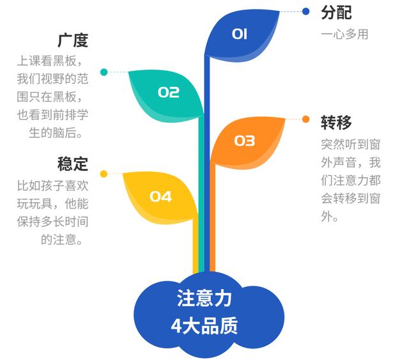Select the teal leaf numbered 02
[x=167, y=94]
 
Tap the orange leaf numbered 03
[x=247, y=143]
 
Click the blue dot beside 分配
[x=305, y=12]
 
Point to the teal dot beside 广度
[x=104, y=72]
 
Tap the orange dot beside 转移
[x=305, y=120]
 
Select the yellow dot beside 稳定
[x=104, y=174]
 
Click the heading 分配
[x=337, y=13]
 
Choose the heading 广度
[x=73, y=40]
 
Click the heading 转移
[x=337, y=122]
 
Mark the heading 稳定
[x=73, y=164]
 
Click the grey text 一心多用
[x=344, y=35]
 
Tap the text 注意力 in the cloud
[x=204, y=298]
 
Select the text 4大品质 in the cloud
[x=204, y=325]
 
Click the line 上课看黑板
[x=50, y=61]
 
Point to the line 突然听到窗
[x=351, y=145]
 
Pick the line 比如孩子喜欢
[x=52, y=185]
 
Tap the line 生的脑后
[x=56, y=132]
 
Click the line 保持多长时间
[x=52, y=222]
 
